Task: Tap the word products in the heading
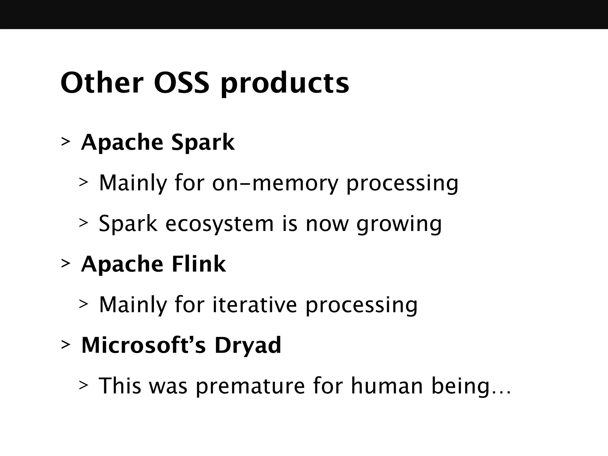285,85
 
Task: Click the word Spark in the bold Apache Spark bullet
203,143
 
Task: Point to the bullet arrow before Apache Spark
66,142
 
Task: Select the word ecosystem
219,224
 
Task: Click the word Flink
199,264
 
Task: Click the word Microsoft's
143,345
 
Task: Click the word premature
250,387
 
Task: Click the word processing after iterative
361,306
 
